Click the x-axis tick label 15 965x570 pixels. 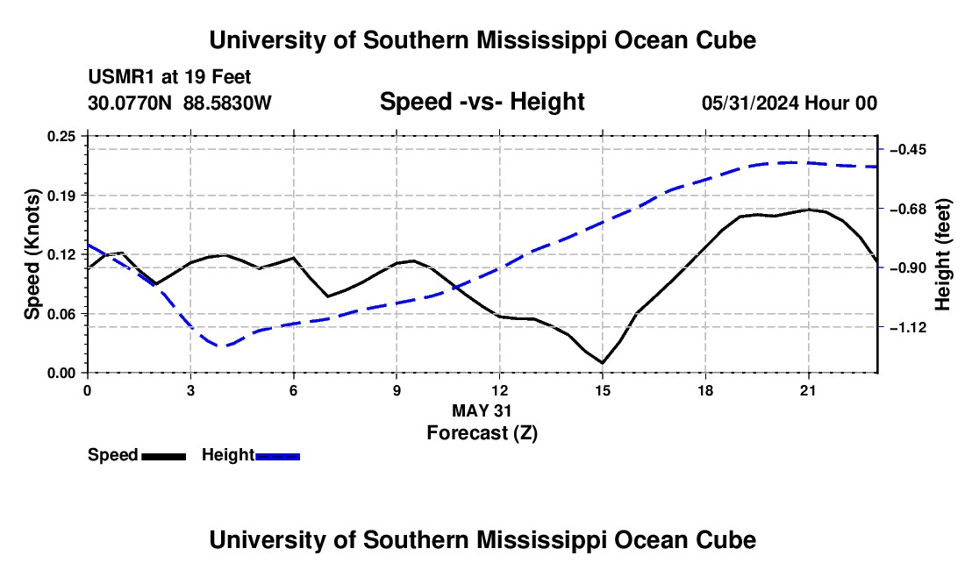pos(603,390)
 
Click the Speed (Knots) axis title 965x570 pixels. pos(32,254)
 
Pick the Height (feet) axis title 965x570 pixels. pos(942,254)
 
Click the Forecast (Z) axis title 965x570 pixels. pos(482,433)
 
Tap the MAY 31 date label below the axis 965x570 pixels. pos(482,410)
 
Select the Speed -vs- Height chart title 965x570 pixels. pos(482,102)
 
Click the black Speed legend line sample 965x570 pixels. pos(164,457)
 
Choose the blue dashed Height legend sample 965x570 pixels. pos(277,457)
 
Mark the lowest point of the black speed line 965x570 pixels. pos(603,363)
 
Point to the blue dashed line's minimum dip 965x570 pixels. pos(224,346)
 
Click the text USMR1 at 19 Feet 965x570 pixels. pos(169,77)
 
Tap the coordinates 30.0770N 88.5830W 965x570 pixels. pos(180,103)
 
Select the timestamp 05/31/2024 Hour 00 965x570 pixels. pos(790,103)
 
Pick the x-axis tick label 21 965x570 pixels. pos(808,390)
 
